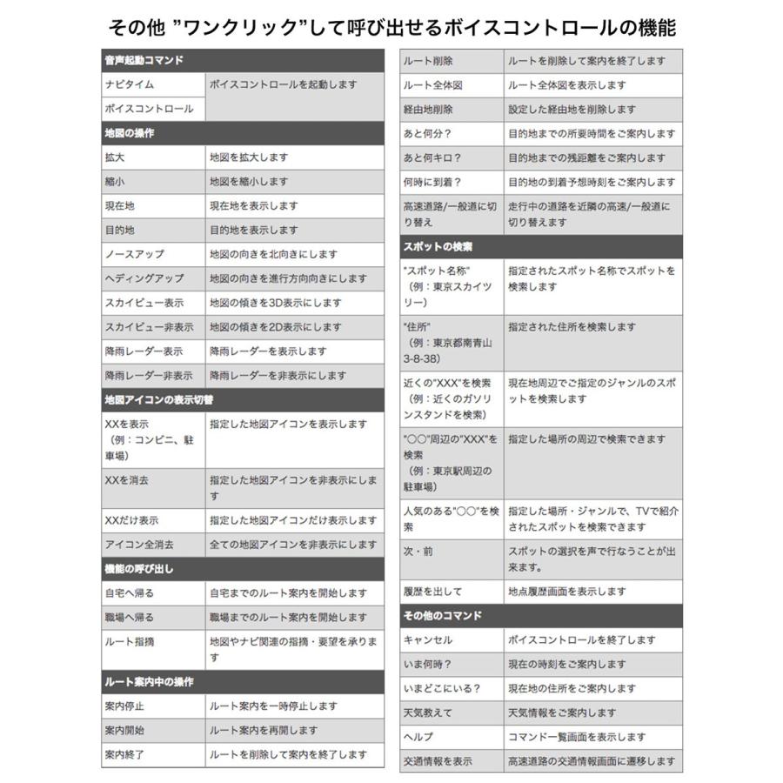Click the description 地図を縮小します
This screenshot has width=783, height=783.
click(248, 182)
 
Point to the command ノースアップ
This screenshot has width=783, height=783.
click(134, 254)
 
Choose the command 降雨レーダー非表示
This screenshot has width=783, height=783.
click(149, 376)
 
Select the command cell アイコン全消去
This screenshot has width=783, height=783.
click(139, 545)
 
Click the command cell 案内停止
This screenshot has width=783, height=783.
click(124, 706)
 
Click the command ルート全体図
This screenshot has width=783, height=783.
click(432, 85)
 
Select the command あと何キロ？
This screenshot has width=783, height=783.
click(432, 157)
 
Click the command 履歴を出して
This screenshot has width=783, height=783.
click(432, 591)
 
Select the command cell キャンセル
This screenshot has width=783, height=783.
click(428, 639)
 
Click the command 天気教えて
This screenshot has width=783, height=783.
click(428, 713)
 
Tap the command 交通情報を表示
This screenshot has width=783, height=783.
click(438, 761)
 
